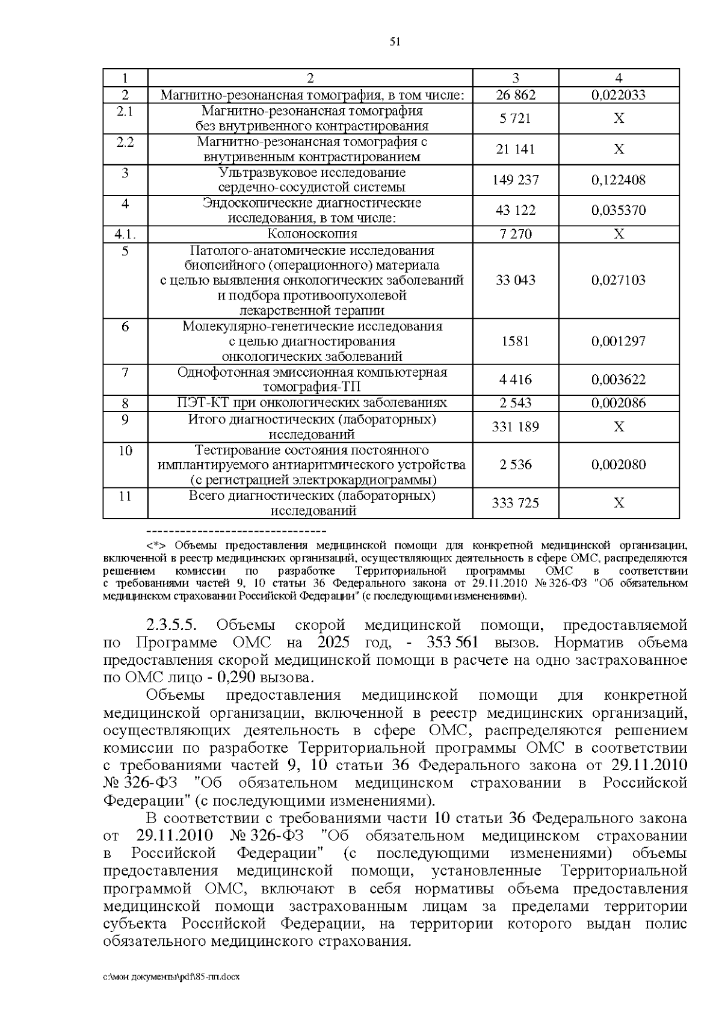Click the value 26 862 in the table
pos(515,95)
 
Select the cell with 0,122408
pos(618,180)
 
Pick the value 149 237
pos(515,180)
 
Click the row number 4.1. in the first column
pos(125,234)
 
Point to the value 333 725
pos(515,503)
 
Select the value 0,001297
pos(618,341)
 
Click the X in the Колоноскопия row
pos(619,234)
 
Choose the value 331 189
pos(515,427)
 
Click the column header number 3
pos(515,78)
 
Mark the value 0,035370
pos(618,210)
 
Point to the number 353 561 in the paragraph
pos(453,643)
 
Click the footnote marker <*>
pos(159,546)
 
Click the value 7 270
pos(515,234)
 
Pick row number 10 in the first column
pos(125,450)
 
